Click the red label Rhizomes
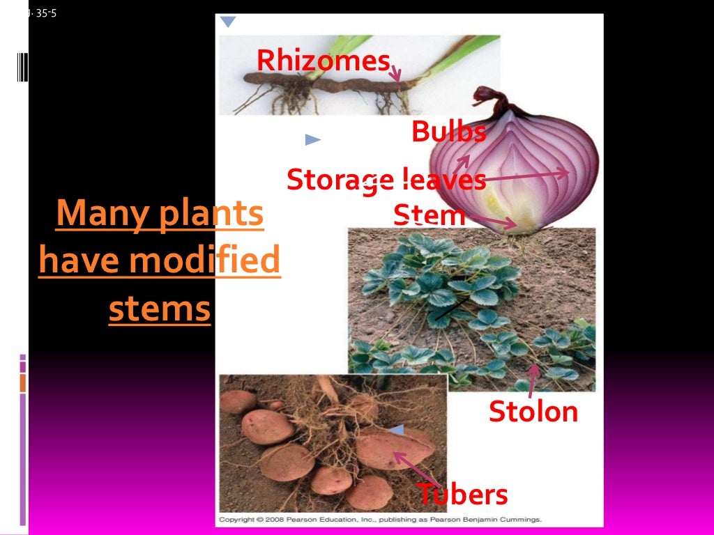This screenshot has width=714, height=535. click(x=322, y=61)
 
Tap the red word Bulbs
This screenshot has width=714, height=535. click(x=448, y=132)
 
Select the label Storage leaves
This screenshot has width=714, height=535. click(x=386, y=180)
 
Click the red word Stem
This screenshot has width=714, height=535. click(x=429, y=215)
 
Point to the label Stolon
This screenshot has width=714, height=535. click(x=533, y=412)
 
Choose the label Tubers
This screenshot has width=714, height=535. click(x=462, y=494)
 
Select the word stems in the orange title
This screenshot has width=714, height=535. click(x=159, y=309)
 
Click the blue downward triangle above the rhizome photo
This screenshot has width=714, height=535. click(x=228, y=22)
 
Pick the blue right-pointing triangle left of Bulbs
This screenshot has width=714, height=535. click(x=312, y=140)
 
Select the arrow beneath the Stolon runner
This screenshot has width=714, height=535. click(x=532, y=380)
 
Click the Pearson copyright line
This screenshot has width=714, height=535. click(x=380, y=520)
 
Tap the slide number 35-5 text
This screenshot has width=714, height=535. click(x=44, y=12)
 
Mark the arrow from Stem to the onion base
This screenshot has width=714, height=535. click(x=492, y=220)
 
